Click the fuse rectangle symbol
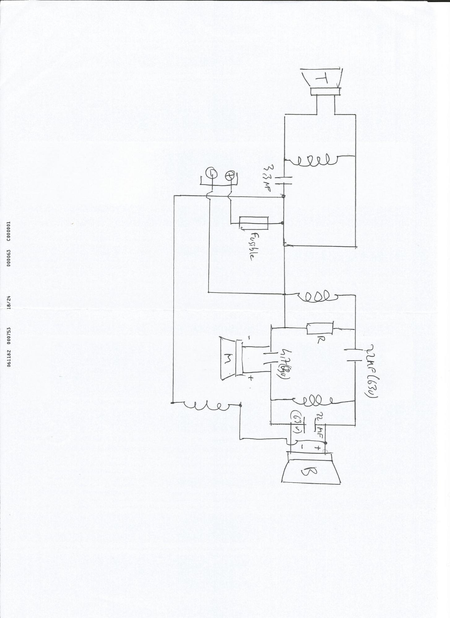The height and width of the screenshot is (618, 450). tap(253, 223)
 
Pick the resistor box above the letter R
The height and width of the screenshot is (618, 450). tap(320, 328)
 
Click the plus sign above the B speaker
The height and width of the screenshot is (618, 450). tap(317, 447)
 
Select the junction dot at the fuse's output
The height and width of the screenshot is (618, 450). tap(283, 223)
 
